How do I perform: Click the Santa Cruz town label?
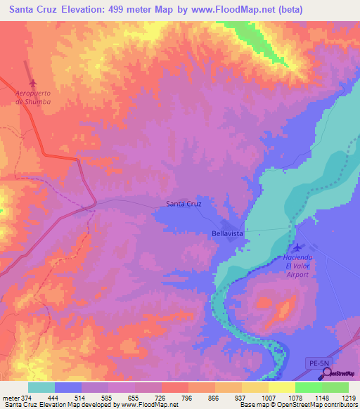point(184,204)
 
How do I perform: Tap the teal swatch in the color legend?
point(41,387)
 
